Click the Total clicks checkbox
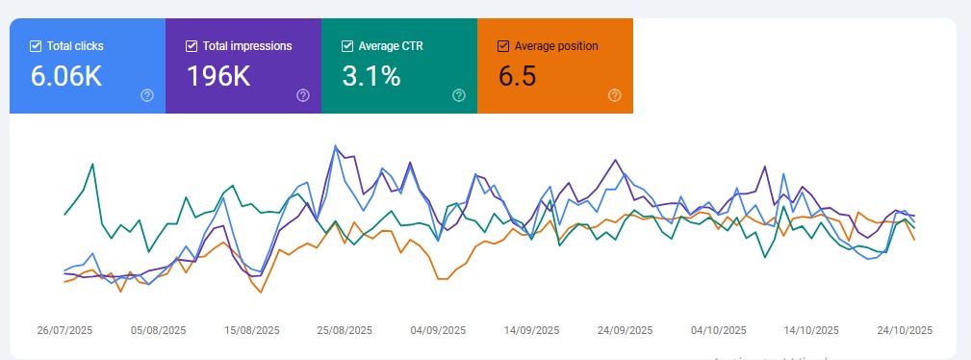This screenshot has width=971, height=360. click(36, 45)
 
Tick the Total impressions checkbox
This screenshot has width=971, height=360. click(192, 45)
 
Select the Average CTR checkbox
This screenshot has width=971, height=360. click(347, 45)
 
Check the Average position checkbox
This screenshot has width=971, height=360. click(503, 45)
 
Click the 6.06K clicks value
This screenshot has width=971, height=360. click(66, 76)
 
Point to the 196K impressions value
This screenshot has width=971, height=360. click(218, 76)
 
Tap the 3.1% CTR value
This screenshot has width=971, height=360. click(371, 76)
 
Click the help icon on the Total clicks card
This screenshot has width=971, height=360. click(147, 94)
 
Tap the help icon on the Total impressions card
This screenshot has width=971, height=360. click(303, 94)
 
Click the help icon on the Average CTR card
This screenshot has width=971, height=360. click(459, 94)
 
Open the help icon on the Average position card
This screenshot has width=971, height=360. click(615, 94)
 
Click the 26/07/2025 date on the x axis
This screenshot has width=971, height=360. click(64, 329)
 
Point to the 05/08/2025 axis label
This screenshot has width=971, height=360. click(158, 329)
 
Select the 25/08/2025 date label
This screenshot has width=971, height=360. click(345, 329)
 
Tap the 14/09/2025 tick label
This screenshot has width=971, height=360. click(531, 329)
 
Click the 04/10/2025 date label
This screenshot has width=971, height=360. click(718, 329)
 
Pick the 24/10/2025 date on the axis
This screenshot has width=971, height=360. click(905, 329)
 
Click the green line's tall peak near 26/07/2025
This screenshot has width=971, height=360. click(92, 165)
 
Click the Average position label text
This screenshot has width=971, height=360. click(556, 45)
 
